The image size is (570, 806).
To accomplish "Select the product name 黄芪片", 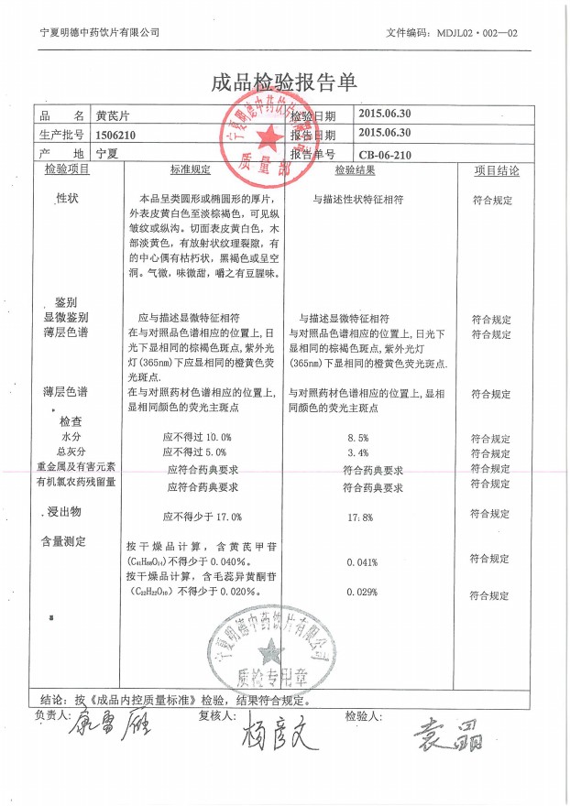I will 114,116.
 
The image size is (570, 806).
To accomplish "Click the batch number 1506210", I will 116,135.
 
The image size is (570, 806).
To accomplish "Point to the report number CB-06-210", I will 386,155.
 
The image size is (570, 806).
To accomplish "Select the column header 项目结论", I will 496,170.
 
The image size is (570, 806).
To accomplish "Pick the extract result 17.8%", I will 360,517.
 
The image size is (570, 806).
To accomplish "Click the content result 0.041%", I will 363,561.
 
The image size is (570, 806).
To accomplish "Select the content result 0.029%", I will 363,593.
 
